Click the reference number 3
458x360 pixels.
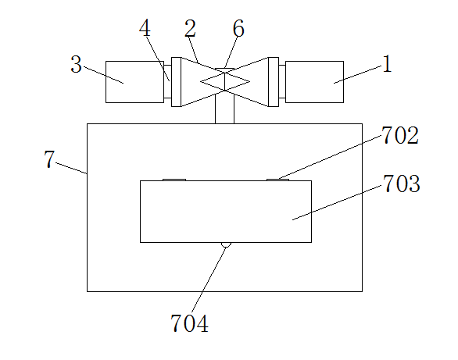pos(77,64)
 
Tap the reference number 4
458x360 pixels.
pos(145,28)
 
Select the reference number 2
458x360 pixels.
pos(190,28)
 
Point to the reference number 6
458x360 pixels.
pos(238,28)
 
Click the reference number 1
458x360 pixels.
pos(387,64)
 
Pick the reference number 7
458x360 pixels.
pos(49,159)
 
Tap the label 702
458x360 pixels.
pos(400,135)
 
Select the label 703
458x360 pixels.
pos(401,184)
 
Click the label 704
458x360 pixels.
pos(189,323)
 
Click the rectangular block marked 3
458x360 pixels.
pos(134,82)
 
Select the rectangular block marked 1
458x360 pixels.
pos(315,82)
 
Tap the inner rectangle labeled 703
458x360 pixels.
pos(226,212)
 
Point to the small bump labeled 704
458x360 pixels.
pos(226,244)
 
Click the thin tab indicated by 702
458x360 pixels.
pos(277,180)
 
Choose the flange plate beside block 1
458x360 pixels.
pos(274,82)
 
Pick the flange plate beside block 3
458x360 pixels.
pos(177,82)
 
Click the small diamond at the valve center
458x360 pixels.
pos(225,82)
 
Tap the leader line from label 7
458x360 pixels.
pos(71,168)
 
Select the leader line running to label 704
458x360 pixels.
pos(209,280)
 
